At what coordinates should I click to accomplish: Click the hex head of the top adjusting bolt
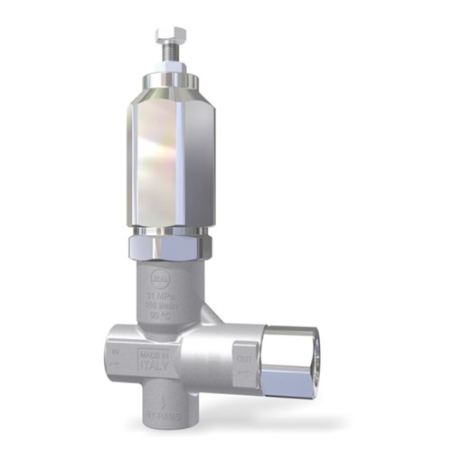(170, 36)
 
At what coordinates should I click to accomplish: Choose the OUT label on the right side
(242, 358)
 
